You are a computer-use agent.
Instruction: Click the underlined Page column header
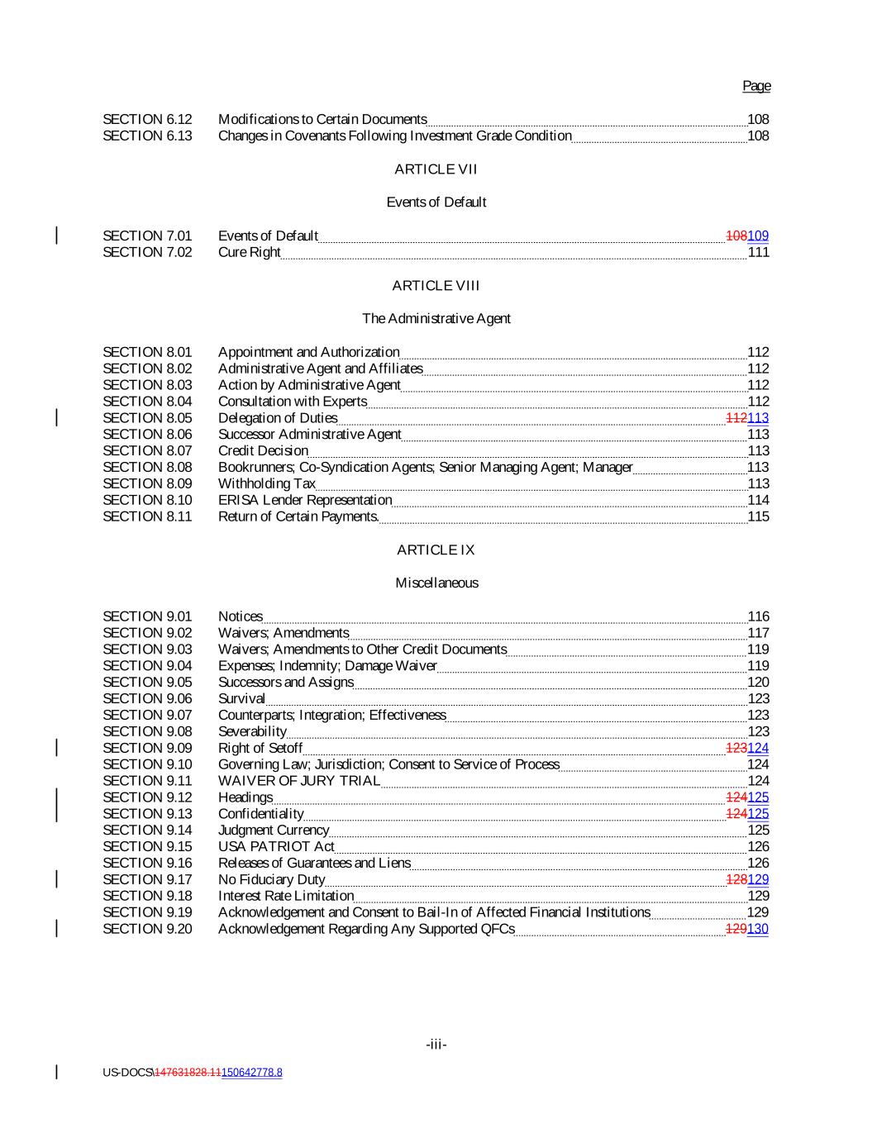coord(755,86)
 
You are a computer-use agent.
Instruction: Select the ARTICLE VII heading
coord(436,169)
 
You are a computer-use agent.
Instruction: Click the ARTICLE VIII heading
coord(436,286)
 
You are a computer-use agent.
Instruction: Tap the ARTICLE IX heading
coord(436,550)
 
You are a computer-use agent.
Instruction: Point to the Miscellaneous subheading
coord(436,583)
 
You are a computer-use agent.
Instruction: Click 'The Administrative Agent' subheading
coord(436,319)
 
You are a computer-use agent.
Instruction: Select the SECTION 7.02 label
coord(147,252)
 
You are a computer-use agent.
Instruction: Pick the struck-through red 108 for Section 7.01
coord(736,236)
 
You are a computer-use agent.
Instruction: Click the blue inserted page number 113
coord(758,418)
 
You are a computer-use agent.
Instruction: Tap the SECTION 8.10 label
coord(147,500)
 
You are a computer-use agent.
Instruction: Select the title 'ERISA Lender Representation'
coord(305,500)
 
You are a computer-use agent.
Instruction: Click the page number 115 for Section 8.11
coord(758,516)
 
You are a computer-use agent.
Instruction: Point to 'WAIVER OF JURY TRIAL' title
coord(299,781)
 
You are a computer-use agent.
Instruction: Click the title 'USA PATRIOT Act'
coord(276,846)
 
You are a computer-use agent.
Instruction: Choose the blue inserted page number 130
coord(758,929)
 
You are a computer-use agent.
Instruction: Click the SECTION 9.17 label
coord(147,879)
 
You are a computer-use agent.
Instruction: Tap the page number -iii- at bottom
coord(436,1045)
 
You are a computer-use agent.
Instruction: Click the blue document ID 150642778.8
coord(252,1073)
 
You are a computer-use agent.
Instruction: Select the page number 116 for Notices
coord(758,616)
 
